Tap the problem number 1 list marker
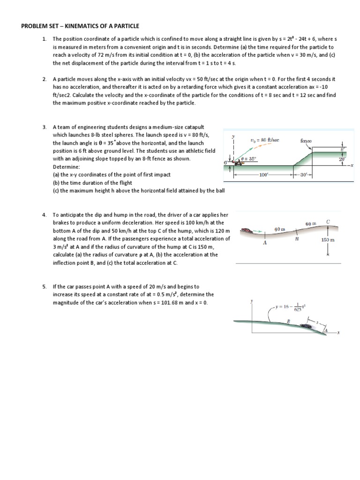click(44, 39)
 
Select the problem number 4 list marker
click(44, 215)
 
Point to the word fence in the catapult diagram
click(306, 140)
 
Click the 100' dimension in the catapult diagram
click(264, 174)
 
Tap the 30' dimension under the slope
click(303, 174)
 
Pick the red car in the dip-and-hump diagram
click(247, 231)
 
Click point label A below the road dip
click(265, 243)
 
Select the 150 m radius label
click(328, 240)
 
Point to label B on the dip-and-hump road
click(296, 239)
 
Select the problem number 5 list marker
click(44, 286)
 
